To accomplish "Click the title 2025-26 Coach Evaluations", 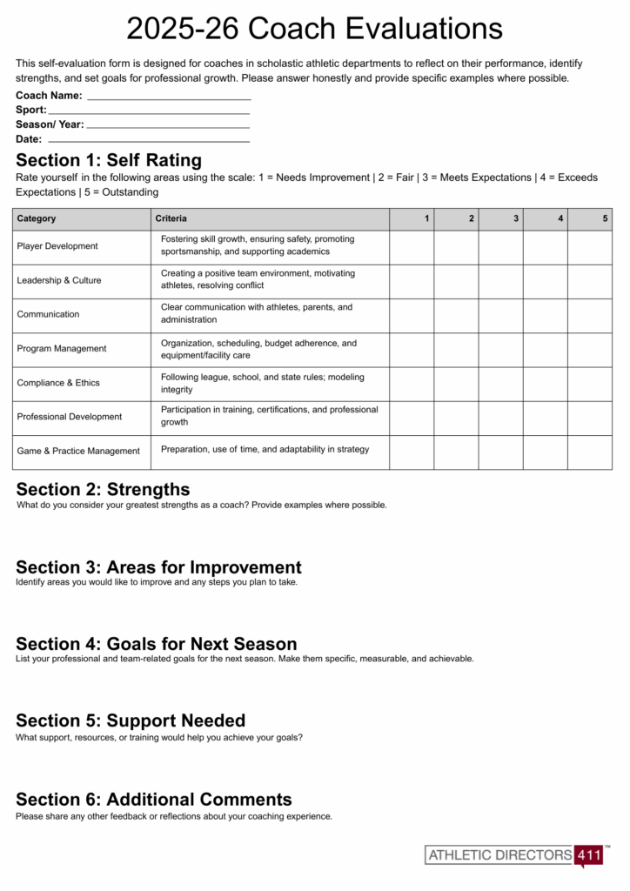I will pos(314,29).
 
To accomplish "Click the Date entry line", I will pos(149,140).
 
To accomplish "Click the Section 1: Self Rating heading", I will pos(109,160).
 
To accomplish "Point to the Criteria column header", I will pos(171,218).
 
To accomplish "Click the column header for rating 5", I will pos(605,218).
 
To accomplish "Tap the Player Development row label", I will pos(57,246).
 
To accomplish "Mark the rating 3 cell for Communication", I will pos(500,315).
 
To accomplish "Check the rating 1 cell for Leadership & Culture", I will pos(412,280).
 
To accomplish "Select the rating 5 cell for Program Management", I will pos(590,349).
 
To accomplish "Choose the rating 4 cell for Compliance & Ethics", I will pos(545,383).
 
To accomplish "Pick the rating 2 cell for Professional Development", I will pos(456,418).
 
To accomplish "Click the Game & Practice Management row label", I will pos(78,451).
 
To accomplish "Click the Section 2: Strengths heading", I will pos(103,489).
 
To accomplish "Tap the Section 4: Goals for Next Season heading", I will pos(157,644).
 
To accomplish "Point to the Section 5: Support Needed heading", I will pos(131,720).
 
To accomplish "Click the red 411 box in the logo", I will pos(589,855).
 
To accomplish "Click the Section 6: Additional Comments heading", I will pos(154,800).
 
